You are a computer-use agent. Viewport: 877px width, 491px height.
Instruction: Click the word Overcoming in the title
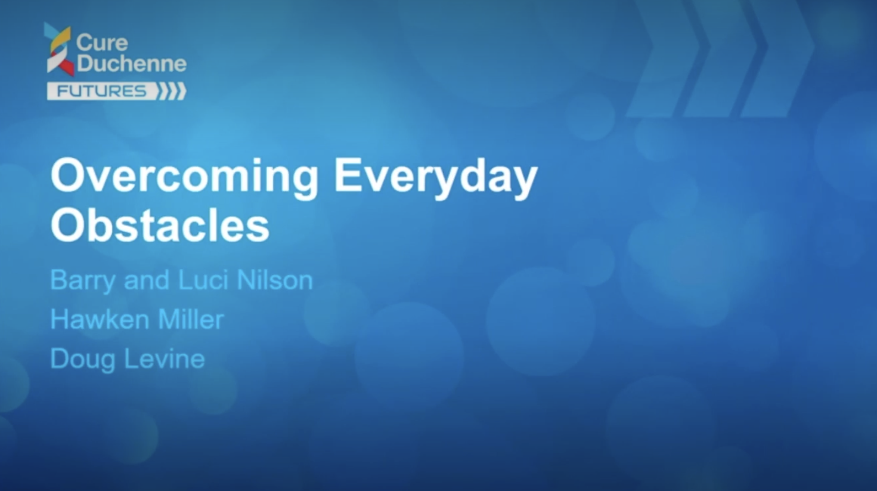[184, 177]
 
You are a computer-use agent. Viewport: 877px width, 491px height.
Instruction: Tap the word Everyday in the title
[435, 177]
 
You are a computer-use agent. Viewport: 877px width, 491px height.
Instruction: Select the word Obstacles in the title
[160, 225]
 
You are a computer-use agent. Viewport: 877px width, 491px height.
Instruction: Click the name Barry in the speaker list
[82, 280]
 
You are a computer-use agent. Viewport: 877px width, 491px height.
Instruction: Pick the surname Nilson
[274, 279]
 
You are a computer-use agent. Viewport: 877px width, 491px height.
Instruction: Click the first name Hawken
[100, 320]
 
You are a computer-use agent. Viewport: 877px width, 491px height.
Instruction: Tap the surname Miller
[191, 320]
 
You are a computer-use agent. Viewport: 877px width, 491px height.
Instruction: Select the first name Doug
[82, 359]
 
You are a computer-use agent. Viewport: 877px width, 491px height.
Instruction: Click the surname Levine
[164, 359]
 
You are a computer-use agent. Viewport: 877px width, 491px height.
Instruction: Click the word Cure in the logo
[102, 42]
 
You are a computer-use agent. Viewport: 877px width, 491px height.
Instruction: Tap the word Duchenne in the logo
[132, 63]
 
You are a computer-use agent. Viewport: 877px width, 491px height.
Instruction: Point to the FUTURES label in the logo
[101, 91]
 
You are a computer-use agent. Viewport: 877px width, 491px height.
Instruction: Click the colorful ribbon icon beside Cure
[59, 49]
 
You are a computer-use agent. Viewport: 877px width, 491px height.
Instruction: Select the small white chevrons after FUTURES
[171, 91]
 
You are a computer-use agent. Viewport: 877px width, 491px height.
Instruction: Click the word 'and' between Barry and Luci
[147, 279]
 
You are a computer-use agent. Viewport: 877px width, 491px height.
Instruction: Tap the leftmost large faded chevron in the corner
[665, 59]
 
